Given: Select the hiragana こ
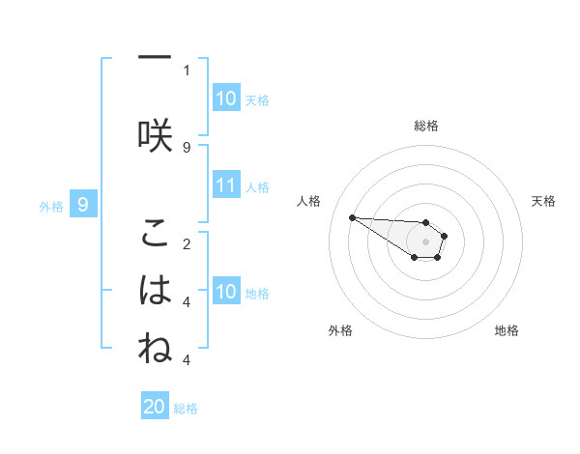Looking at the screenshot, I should [x=154, y=235].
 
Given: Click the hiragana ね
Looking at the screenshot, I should [x=154, y=349].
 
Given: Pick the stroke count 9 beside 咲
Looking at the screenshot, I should [x=187, y=147].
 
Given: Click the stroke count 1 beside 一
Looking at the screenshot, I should [x=187, y=70].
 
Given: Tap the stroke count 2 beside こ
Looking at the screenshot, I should [x=187, y=243].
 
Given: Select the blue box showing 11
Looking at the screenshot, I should [x=226, y=186].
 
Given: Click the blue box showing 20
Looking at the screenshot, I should [x=155, y=407].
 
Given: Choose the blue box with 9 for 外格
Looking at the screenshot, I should [x=84, y=205].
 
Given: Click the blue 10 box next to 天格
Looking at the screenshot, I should [x=226, y=99].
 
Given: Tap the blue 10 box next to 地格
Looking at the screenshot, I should [x=226, y=293].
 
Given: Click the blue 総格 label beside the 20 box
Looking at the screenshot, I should [x=186, y=409].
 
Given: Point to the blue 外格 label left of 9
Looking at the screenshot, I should [x=51, y=206].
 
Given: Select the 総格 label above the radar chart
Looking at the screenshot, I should [x=425, y=126].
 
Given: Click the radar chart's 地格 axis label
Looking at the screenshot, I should [x=507, y=330].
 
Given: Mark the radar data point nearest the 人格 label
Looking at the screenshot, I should [x=352, y=217].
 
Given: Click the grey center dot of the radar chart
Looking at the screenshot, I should [x=425, y=241].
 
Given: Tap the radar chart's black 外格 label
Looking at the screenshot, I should [x=340, y=330].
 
